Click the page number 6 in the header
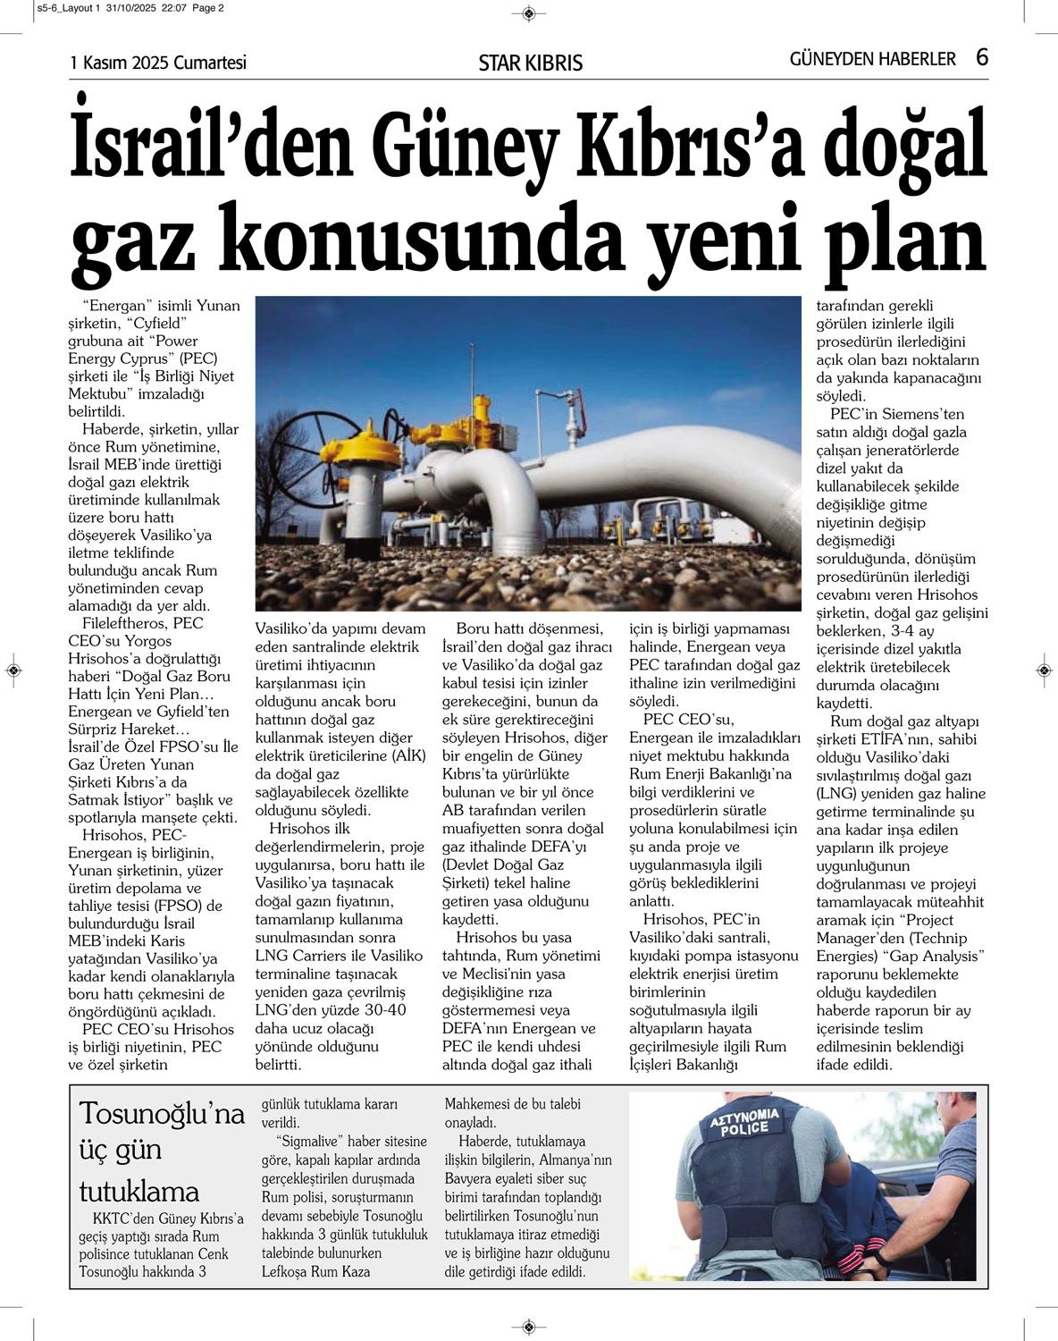981,58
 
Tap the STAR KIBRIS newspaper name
530,63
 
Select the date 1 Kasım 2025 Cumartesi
158,63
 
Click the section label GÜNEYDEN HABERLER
872,59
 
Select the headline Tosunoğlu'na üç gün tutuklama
162,1152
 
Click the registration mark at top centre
529,13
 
